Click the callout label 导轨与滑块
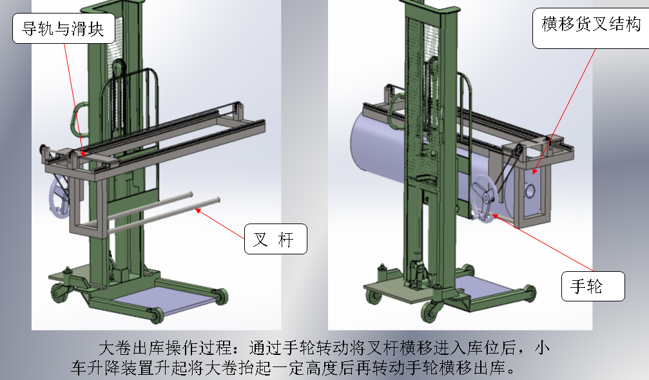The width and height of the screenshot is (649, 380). (x=64, y=28)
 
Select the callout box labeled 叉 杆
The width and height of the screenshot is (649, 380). (x=276, y=239)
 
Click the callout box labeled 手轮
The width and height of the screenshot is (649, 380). (x=593, y=286)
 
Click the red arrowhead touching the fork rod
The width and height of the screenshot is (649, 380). (x=199, y=211)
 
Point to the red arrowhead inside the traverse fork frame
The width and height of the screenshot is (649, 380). (x=535, y=171)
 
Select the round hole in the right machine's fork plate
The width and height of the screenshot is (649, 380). (x=530, y=191)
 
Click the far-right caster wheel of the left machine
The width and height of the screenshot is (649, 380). (x=221, y=296)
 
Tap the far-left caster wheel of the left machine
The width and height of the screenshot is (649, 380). (x=59, y=293)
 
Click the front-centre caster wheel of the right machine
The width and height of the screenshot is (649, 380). (x=431, y=311)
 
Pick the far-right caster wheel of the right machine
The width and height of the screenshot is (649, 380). (x=529, y=293)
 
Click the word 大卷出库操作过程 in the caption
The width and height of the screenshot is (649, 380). (x=165, y=348)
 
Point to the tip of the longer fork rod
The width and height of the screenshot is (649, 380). (x=218, y=200)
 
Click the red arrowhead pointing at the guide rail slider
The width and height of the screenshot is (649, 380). (x=82, y=153)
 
